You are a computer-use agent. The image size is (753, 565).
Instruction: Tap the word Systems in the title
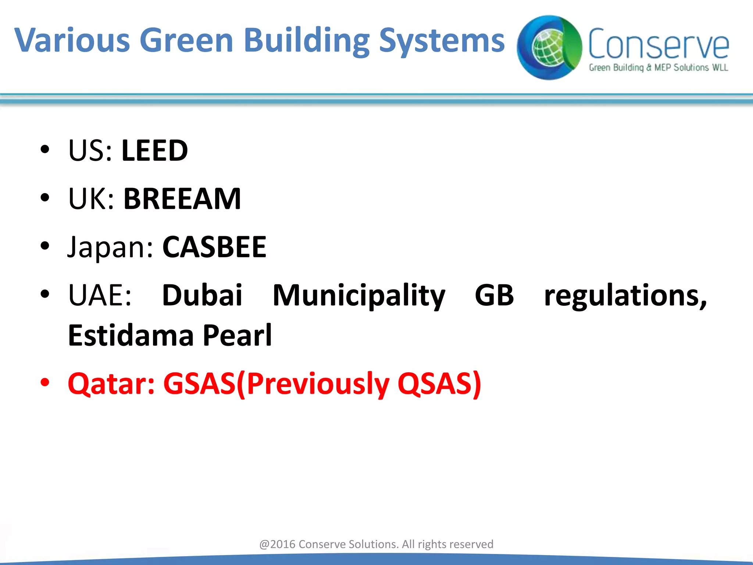point(442,40)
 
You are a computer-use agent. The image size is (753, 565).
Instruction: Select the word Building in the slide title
point(307,40)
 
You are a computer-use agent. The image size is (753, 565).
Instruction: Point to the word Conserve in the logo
point(658,44)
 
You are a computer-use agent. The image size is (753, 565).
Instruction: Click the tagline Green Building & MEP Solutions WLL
point(658,68)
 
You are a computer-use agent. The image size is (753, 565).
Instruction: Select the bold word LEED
point(154,150)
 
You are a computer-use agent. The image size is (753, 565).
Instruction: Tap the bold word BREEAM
point(182,199)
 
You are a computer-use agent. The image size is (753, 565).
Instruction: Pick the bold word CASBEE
point(214,247)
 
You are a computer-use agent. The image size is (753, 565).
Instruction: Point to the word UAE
point(99,295)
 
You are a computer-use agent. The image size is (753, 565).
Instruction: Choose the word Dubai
point(202,295)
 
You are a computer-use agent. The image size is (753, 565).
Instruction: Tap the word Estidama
point(131,335)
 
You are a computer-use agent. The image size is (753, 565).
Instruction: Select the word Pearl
point(237,335)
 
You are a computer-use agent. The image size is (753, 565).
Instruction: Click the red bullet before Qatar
point(45,383)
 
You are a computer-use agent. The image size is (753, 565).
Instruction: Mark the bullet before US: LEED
point(45,150)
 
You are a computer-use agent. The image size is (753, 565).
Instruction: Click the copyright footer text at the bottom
point(376,544)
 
